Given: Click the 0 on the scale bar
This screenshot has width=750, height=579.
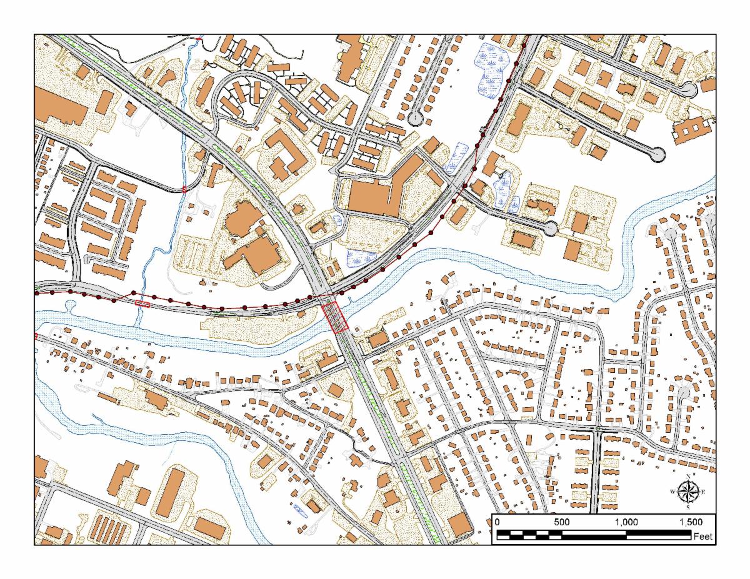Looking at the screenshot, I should point(497,522).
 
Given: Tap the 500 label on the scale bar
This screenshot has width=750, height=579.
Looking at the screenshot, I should point(561,522).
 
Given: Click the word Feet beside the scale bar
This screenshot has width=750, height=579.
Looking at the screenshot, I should point(703,536).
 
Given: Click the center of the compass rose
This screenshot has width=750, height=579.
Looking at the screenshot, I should point(688,491).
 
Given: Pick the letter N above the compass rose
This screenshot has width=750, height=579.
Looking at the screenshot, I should point(688,477).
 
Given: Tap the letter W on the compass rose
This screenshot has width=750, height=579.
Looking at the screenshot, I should point(672,492).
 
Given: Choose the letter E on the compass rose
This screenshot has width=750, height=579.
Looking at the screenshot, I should point(703,492).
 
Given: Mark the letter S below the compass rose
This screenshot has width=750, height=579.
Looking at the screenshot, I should point(688,507).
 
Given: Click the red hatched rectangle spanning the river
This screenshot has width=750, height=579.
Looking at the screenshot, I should point(335,317).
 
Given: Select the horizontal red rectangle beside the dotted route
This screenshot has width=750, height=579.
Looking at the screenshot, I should point(142,304).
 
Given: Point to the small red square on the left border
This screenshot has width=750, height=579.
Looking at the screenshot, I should point(36,336).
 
